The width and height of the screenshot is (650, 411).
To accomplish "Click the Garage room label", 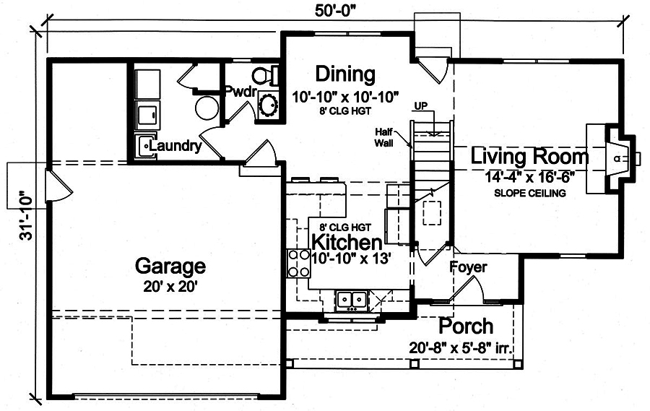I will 170,267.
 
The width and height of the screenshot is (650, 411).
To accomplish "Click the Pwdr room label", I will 238,92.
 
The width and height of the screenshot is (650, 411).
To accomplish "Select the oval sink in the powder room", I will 269,104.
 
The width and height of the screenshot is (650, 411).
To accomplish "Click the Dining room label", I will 345,74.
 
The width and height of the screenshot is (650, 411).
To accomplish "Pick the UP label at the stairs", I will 422,106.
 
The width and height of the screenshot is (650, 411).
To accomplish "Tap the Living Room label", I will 529,156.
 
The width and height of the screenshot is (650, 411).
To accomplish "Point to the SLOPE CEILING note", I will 529,194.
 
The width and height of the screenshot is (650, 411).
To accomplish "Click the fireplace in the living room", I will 614,157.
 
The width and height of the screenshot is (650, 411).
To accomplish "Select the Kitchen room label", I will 346,242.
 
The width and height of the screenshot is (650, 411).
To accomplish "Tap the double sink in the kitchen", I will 352,298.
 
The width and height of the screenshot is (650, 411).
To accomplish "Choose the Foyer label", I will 469,267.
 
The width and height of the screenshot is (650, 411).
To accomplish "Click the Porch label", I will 467,326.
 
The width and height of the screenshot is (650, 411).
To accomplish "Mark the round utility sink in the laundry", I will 206,108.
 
